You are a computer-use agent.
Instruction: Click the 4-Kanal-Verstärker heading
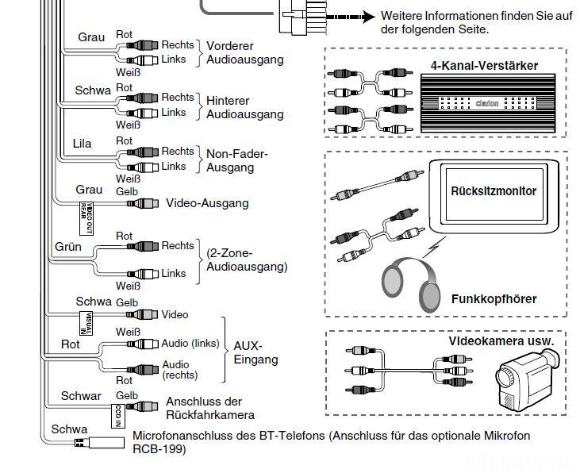(484, 66)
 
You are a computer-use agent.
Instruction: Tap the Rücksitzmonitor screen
(494, 191)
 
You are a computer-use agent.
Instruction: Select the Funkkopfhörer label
(494, 299)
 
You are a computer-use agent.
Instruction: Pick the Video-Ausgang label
(206, 203)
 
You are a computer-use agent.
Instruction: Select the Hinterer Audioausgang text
(244, 107)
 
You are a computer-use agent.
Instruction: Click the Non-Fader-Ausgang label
(237, 160)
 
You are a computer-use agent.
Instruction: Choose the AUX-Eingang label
(255, 352)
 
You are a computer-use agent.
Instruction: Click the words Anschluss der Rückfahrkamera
(209, 408)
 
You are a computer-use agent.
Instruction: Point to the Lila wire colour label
(83, 144)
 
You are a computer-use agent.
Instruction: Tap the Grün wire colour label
(69, 247)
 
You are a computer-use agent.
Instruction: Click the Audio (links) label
(190, 344)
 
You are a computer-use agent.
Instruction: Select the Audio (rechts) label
(179, 370)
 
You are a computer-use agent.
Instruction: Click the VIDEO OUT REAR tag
(88, 211)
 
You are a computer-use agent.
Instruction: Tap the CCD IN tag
(116, 416)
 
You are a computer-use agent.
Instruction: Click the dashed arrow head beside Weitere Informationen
(368, 17)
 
